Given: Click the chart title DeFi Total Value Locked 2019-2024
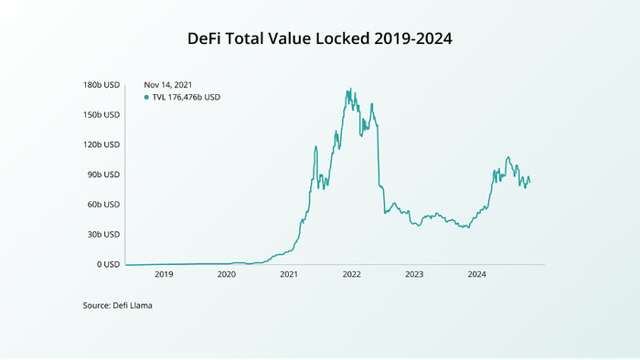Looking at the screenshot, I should point(319,39).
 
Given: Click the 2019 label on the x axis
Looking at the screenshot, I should point(164,274).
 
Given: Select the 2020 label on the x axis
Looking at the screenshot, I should point(227,274).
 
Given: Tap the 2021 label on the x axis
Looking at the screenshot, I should point(289,274).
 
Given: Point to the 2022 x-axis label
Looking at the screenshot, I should point(352,274).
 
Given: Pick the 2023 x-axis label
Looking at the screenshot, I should point(414,274).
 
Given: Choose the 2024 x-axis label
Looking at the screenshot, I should point(476,274).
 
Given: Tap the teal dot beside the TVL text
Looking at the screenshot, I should point(146,97).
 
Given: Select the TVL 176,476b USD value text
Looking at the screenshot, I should point(187,97).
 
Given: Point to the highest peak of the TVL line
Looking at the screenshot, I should point(347,90).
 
